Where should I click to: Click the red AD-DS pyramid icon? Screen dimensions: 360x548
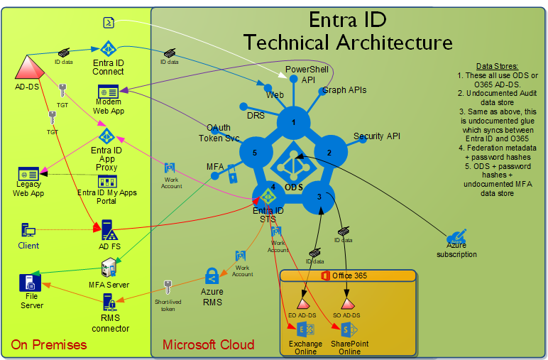click(x=29, y=67)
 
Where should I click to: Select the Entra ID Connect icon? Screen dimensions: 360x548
click(x=108, y=49)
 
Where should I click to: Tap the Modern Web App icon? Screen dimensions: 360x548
click(x=108, y=92)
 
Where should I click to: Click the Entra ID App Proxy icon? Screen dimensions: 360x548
click(x=106, y=136)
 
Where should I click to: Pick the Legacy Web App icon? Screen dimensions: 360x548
click(x=28, y=174)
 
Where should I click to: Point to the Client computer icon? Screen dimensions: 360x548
click(x=29, y=230)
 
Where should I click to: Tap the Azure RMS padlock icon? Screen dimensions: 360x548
click(x=212, y=276)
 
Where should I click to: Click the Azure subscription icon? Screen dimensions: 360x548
click(x=456, y=238)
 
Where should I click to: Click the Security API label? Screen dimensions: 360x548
click(x=378, y=136)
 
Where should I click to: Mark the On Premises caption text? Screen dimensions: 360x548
click(x=49, y=345)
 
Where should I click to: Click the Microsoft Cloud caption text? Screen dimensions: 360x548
click(x=208, y=345)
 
